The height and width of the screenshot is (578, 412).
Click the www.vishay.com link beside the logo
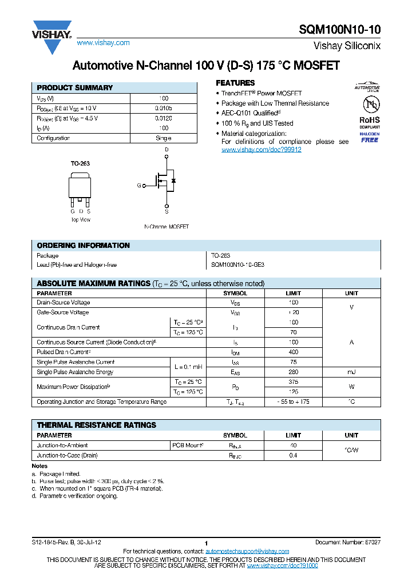pyautogui.click(x=103, y=43)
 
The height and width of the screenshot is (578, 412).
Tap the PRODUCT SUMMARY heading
pyautogui.click(x=75, y=88)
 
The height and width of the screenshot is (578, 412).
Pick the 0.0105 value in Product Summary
pyautogui.click(x=163, y=108)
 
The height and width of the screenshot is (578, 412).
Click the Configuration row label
pyautogui.click(x=53, y=138)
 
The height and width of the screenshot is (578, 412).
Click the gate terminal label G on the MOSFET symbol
pyautogui.click(x=138, y=186)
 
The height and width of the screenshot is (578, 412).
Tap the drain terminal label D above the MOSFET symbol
pyautogui.click(x=167, y=150)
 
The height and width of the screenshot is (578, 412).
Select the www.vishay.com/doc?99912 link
pyautogui.click(x=261, y=150)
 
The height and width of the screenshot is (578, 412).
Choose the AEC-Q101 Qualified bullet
pyautogui.click(x=250, y=113)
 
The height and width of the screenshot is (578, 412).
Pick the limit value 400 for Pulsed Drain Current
pyautogui.click(x=293, y=352)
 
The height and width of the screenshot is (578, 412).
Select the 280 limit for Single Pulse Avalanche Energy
pyautogui.click(x=293, y=372)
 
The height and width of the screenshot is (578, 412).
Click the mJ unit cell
pyautogui.click(x=351, y=372)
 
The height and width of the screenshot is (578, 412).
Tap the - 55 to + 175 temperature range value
pyautogui.click(x=293, y=402)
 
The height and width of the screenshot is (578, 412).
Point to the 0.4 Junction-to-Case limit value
pyautogui.click(x=293, y=456)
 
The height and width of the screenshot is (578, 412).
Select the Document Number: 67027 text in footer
pyautogui.click(x=347, y=541)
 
